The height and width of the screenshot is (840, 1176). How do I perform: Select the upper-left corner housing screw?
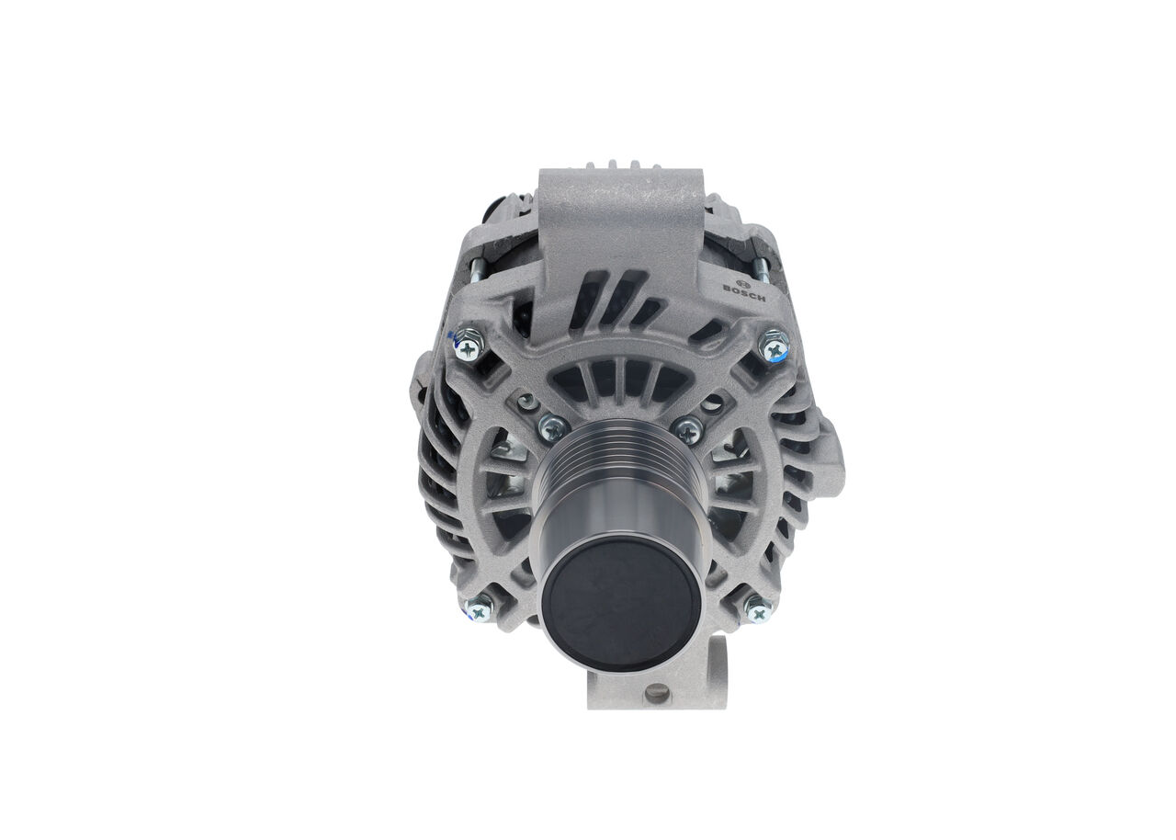click(x=469, y=346)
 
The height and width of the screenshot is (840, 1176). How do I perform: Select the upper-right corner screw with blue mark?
click(x=775, y=348)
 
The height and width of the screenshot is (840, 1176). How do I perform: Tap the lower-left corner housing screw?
click(x=479, y=610)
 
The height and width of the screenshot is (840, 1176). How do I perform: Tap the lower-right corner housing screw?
click(x=759, y=611)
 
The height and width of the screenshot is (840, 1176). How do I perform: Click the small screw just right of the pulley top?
click(x=687, y=430)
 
